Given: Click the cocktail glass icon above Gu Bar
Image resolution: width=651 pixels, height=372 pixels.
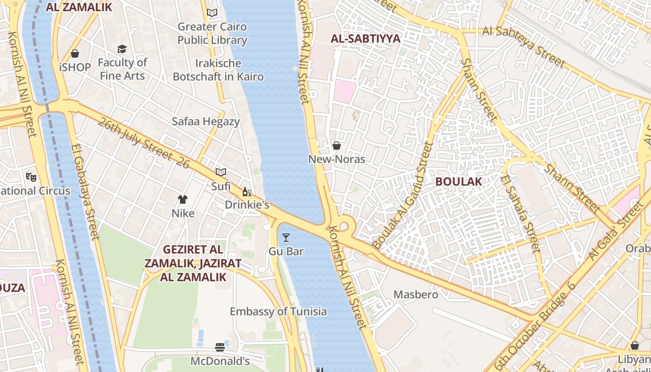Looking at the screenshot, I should (x=286, y=238).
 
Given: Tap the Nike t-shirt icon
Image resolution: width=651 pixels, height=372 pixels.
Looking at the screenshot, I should (x=183, y=199).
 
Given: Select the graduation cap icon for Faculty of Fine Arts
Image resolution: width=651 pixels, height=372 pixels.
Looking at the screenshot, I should (x=122, y=49).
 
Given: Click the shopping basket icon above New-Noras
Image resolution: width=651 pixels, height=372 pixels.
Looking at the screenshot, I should (x=337, y=146).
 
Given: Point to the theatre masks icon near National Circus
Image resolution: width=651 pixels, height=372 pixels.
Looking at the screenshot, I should (x=31, y=177).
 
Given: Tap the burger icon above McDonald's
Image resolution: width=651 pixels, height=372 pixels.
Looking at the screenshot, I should (x=220, y=347).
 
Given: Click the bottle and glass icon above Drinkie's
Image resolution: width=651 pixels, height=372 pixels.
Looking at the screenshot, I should (x=246, y=192).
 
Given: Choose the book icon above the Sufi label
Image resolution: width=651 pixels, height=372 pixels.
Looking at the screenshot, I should (x=221, y=172).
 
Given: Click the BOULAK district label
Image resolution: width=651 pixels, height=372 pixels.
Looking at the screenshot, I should (x=458, y=181).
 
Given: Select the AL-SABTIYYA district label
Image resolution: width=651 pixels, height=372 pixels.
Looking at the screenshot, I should (x=365, y=39).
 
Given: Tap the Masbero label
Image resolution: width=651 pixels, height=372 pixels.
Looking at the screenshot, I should (x=416, y=294).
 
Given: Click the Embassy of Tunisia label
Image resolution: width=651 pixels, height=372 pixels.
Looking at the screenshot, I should (x=278, y=312).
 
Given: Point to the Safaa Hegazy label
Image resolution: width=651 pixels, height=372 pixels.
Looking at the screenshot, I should (x=206, y=122).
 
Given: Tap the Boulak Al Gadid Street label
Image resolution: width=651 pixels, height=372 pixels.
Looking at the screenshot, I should (x=404, y=195).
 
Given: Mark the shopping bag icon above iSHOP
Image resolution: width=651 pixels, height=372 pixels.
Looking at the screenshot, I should (x=75, y=54).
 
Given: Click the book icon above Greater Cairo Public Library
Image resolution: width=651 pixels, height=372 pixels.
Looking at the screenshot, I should (x=212, y=13).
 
